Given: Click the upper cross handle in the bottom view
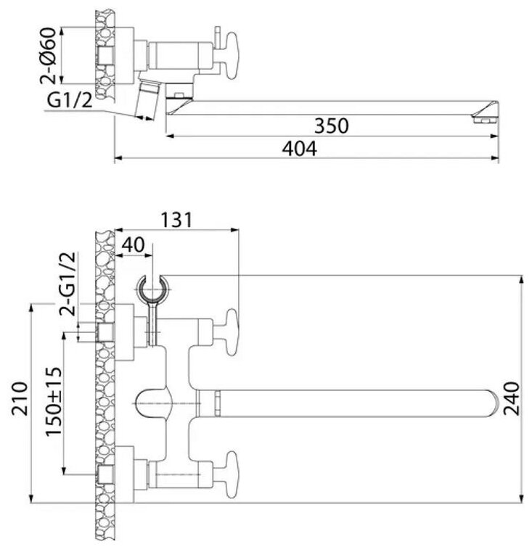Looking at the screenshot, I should pos(231,332).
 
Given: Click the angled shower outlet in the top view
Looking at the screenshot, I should pos(150,101).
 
